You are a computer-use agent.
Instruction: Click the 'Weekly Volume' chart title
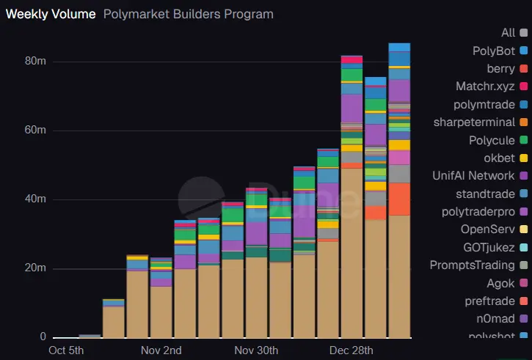click(51, 14)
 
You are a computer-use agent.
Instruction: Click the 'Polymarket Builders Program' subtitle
click(189, 14)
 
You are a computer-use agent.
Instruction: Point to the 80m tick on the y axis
click(36, 62)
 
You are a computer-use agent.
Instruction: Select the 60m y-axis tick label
click(36, 131)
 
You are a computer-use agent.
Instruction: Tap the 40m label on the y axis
click(36, 199)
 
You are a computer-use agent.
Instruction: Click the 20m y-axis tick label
click(36, 268)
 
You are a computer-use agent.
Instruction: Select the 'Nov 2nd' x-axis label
click(161, 350)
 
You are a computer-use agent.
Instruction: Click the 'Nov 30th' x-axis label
click(255, 350)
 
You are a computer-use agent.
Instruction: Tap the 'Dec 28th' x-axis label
click(351, 350)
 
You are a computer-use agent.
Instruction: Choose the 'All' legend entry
click(509, 32)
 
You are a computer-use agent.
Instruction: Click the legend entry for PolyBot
click(494, 51)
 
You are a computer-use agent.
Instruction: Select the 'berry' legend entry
click(500, 68)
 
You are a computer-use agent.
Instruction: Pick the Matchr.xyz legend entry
click(485, 87)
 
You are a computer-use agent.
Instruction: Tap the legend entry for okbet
click(498, 158)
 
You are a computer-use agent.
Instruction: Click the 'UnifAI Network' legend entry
click(474, 175)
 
